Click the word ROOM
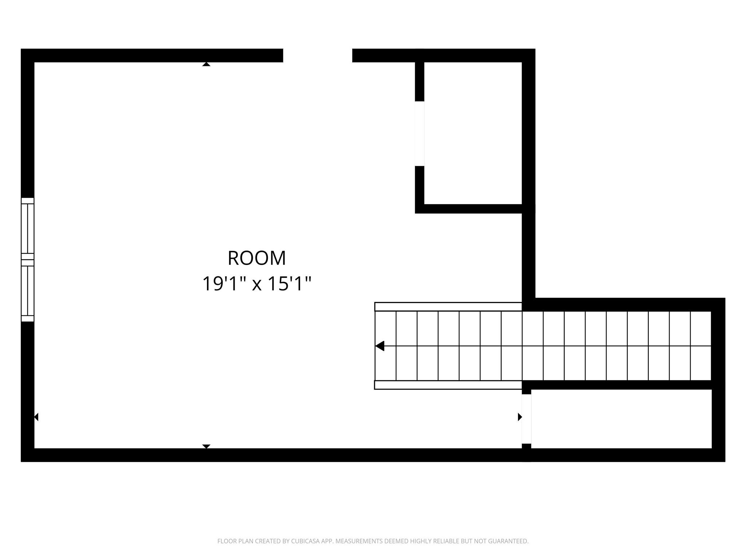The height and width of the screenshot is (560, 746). pyautogui.click(x=257, y=258)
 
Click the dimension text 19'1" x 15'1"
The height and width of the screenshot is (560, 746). pyautogui.click(x=257, y=284)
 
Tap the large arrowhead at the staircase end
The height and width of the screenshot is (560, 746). pyautogui.click(x=380, y=346)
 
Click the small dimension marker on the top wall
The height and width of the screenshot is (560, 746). pyautogui.click(x=206, y=64)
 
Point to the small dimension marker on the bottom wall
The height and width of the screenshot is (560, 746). pyautogui.click(x=206, y=446)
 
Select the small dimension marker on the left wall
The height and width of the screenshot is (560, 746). pyautogui.click(x=36, y=417)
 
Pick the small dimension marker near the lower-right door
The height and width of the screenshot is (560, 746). pyautogui.click(x=520, y=417)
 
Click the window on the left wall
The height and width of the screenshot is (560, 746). pyautogui.click(x=28, y=260)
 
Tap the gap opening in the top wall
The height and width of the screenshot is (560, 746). pyautogui.click(x=318, y=55)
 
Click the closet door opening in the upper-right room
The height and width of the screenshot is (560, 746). pyautogui.click(x=420, y=133)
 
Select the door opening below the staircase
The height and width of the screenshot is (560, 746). pyautogui.click(x=526, y=419)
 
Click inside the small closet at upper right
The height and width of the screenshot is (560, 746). pyautogui.click(x=473, y=133)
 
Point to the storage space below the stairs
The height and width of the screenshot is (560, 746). pyautogui.click(x=621, y=419)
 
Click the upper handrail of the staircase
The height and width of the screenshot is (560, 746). pyautogui.click(x=448, y=307)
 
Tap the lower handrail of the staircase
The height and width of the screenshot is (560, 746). pyautogui.click(x=448, y=385)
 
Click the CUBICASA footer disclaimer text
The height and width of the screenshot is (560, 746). pyautogui.click(x=373, y=541)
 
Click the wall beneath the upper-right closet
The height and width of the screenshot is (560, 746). pyautogui.click(x=470, y=209)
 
